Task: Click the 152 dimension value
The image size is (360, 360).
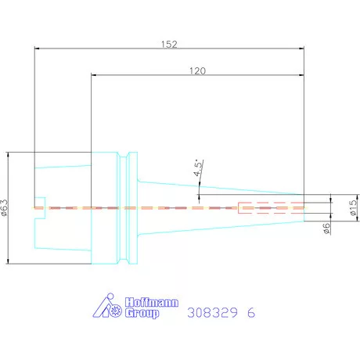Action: (169, 44)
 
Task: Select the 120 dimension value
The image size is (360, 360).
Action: (197, 70)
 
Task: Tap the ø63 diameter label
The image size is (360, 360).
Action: (5, 207)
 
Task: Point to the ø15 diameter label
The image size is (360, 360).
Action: (353, 207)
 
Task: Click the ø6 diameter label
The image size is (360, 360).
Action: (326, 229)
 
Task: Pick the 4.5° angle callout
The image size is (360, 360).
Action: (198, 167)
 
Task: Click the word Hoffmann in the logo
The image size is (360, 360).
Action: (152, 302)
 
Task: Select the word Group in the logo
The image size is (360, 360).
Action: (142, 313)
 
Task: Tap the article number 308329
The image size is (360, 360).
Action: (212, 312)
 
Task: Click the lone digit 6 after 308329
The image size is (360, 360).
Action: (251, 312)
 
